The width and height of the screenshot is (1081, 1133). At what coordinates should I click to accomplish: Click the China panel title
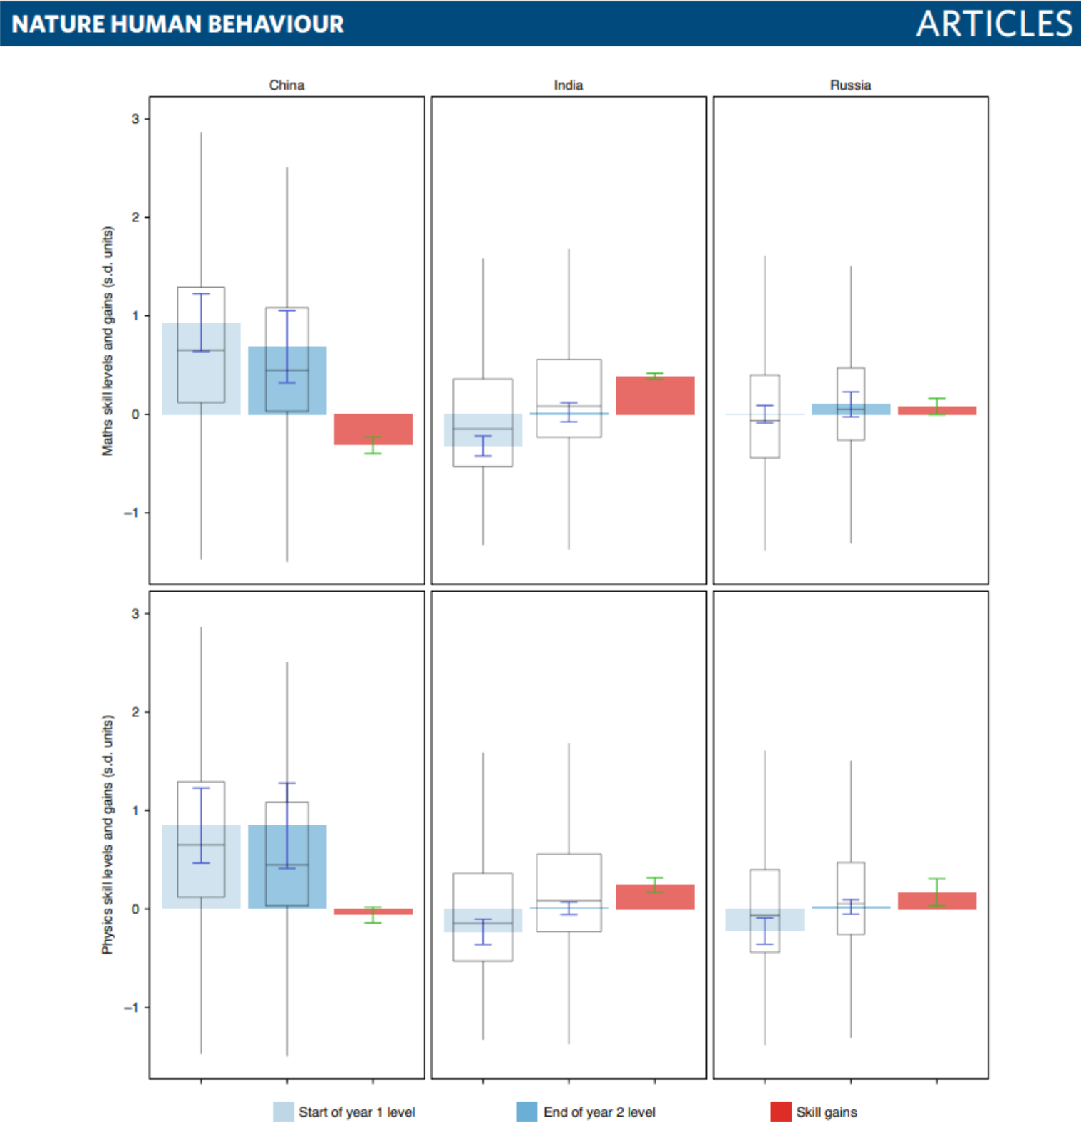click(x=286, y=85)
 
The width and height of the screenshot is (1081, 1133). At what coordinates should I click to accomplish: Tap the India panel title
click(x=569, y=85)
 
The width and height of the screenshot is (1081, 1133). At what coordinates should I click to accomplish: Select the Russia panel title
click(x=850, y=85)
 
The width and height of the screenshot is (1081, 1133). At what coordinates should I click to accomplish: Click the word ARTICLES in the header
click(x=994, y=24)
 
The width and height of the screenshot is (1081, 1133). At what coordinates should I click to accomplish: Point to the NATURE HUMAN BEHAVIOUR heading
click(x=178, y=24)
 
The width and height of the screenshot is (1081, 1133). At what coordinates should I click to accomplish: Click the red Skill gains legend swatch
click(x=781, y=1112)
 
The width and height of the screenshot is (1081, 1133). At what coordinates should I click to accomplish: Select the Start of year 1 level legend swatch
click(x=284, y=1112)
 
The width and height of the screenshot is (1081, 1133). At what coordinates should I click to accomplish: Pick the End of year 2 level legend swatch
click(x=527, y=1112)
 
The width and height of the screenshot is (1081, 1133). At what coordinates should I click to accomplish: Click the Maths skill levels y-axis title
click(x=108, y=341)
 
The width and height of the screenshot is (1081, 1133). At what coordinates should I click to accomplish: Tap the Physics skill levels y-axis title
click(x=108, y=835)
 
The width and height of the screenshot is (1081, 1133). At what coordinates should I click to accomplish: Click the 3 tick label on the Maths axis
click(x=135, y=119)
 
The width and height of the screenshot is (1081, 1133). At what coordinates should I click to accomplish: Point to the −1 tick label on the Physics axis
click(x=131, y=1008)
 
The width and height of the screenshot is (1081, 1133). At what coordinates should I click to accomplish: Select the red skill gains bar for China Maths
click(x=373, y=429)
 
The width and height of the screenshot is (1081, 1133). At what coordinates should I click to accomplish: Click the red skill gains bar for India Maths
click(x=655, y=396)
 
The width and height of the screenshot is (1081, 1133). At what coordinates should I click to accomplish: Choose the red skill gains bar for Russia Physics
click(x=936, y=901)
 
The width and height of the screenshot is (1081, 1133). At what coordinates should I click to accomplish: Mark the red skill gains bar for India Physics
click(x=655, y=897)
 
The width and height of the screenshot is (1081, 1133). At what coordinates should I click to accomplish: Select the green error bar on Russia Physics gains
click(x=936, y=892)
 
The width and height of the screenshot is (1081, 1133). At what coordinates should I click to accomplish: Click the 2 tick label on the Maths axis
click(x=135, y=217)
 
